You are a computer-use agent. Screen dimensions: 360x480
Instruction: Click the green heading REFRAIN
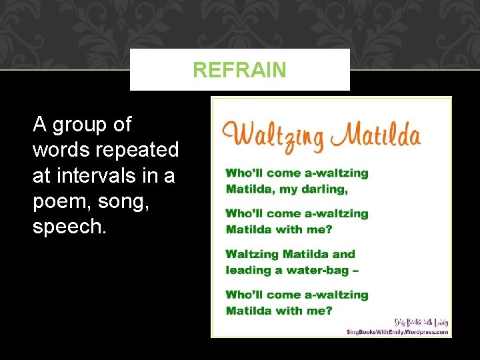click(239, 70)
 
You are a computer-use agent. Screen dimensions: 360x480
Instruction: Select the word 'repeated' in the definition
click(137, 150)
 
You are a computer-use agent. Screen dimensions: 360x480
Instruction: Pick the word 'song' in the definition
click(122, 201)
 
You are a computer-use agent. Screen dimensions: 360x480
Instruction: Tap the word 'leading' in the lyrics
click(247, 271)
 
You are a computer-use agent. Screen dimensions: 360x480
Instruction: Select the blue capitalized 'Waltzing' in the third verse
click(252, 254)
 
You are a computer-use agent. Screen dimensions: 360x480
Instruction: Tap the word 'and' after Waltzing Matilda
click(343, 254)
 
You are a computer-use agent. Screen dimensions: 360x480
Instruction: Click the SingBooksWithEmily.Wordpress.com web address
click(397, 331)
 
